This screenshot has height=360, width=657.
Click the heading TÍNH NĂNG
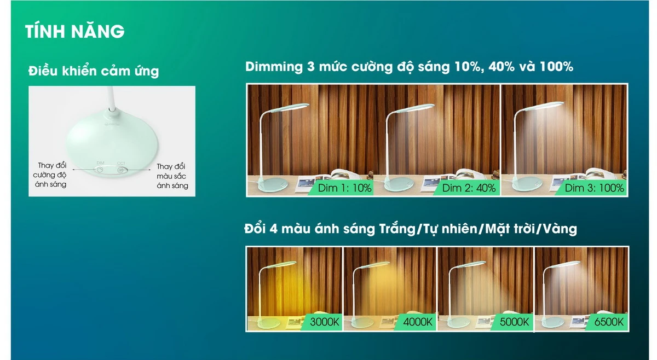tap(75, 31)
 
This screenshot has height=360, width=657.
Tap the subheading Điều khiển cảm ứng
tap(94, 71)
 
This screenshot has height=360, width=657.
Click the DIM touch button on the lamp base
tap(100, 170)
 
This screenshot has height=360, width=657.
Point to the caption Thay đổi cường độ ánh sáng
tap(50, 175)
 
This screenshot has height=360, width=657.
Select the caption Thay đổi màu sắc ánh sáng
tap(172, 176)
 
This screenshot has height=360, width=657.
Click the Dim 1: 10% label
tap(344, 188)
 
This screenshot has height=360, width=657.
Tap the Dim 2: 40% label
tap(469, 188)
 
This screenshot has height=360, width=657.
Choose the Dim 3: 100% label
tap(594, 188)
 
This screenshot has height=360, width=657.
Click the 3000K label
tap(324, 322)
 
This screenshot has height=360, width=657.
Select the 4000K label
tap(418, 322)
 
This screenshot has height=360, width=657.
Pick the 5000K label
tap(514, 322)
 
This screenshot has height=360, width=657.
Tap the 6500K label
tap(609, 322)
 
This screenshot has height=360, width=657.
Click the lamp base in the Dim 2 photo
tap(399, 184)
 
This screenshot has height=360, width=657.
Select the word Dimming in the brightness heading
tap(274, 67)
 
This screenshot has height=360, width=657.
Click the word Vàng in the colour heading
tap(560, 229)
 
